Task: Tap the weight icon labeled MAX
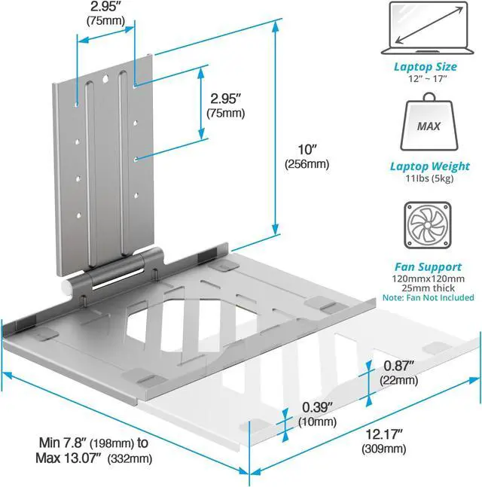click(x=429, y=125)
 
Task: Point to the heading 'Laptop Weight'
click(x=430, y=166)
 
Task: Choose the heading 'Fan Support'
click(x=428, y=266)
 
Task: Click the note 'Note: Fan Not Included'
click(x=429, y=298)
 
